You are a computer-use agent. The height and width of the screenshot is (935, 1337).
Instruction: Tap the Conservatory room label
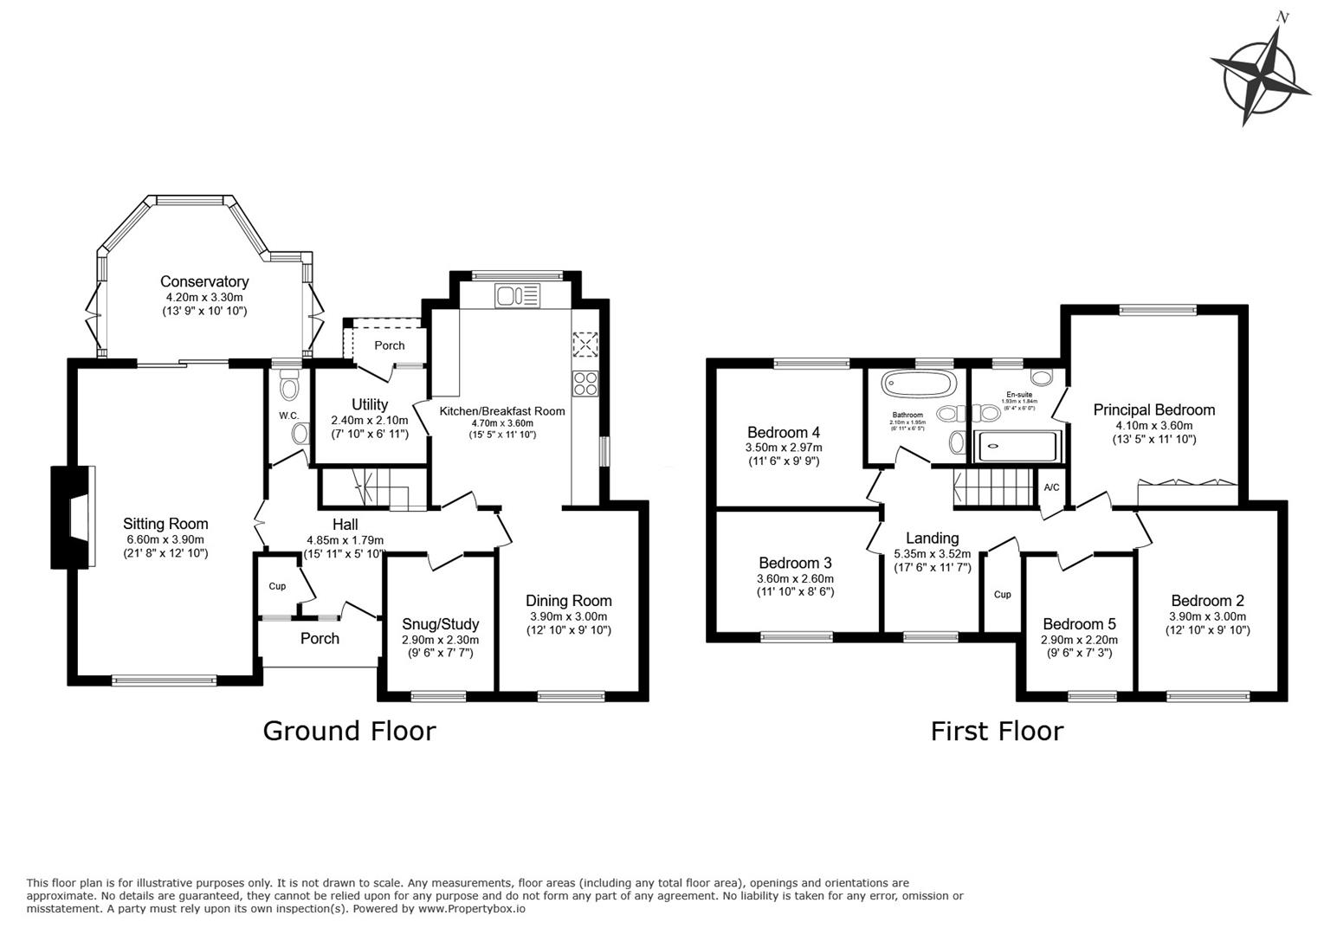tap(204, 281)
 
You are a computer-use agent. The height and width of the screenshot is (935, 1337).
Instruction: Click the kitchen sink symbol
tap(517, 296)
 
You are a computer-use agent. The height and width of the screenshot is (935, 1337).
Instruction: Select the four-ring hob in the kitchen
tap(585, 383)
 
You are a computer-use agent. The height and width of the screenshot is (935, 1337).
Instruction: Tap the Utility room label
tap(370, 404)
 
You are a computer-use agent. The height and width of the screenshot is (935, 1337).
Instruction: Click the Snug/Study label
tap(440, 624)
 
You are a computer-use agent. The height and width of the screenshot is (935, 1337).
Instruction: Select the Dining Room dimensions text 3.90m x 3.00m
tap(569, 616)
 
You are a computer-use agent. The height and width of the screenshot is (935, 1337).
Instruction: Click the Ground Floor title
tap(349, 731)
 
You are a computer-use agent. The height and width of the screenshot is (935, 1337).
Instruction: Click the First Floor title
tap(997, 731)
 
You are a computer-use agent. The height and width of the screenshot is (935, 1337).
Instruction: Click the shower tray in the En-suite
tap(1017, 447)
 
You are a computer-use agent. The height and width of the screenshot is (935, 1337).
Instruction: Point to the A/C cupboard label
tap(1051, 487)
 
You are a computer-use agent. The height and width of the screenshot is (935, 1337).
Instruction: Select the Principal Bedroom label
tap(1153, 409)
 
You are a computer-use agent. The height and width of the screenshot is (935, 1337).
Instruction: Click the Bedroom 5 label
tap(1079, 624)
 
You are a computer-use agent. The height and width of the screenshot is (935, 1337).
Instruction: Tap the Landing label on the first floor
tap(932, 538)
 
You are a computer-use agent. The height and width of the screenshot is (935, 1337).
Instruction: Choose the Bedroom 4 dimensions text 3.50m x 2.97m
tap(784, 448)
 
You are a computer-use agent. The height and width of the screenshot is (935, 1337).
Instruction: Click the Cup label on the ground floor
tap(277, 586)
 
